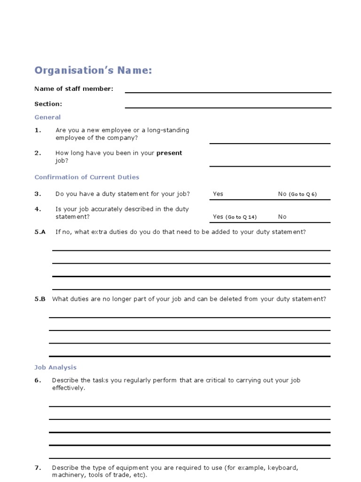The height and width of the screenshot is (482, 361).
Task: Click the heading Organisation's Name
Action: coord(93,71)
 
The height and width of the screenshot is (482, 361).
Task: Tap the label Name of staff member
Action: coord(74,88)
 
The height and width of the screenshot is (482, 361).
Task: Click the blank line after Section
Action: coord(228,107)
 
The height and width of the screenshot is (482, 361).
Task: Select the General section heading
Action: coord(47,117)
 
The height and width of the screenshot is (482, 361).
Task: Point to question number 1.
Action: coord(38,130)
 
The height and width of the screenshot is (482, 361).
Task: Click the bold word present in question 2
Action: coord(169,153)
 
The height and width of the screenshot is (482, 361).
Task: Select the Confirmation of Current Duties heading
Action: coord(87,177)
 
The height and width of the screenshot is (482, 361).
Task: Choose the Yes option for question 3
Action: coord(218,194)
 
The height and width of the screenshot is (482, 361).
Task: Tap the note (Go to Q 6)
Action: coord(303,194)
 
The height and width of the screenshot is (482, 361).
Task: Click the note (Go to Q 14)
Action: coord(241,217)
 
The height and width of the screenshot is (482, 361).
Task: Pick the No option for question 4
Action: coord(282,217)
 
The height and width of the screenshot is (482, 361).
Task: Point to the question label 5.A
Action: coord(40,232)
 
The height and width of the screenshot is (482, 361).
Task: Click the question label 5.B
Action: coord(40,299)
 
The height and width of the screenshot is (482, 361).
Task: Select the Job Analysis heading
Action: coord(55,368)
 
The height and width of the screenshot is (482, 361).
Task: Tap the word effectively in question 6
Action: coord(69,388)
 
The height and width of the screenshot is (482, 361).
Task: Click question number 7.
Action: coord(38,468)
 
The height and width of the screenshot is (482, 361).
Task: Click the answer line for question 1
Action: coord(270,143)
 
